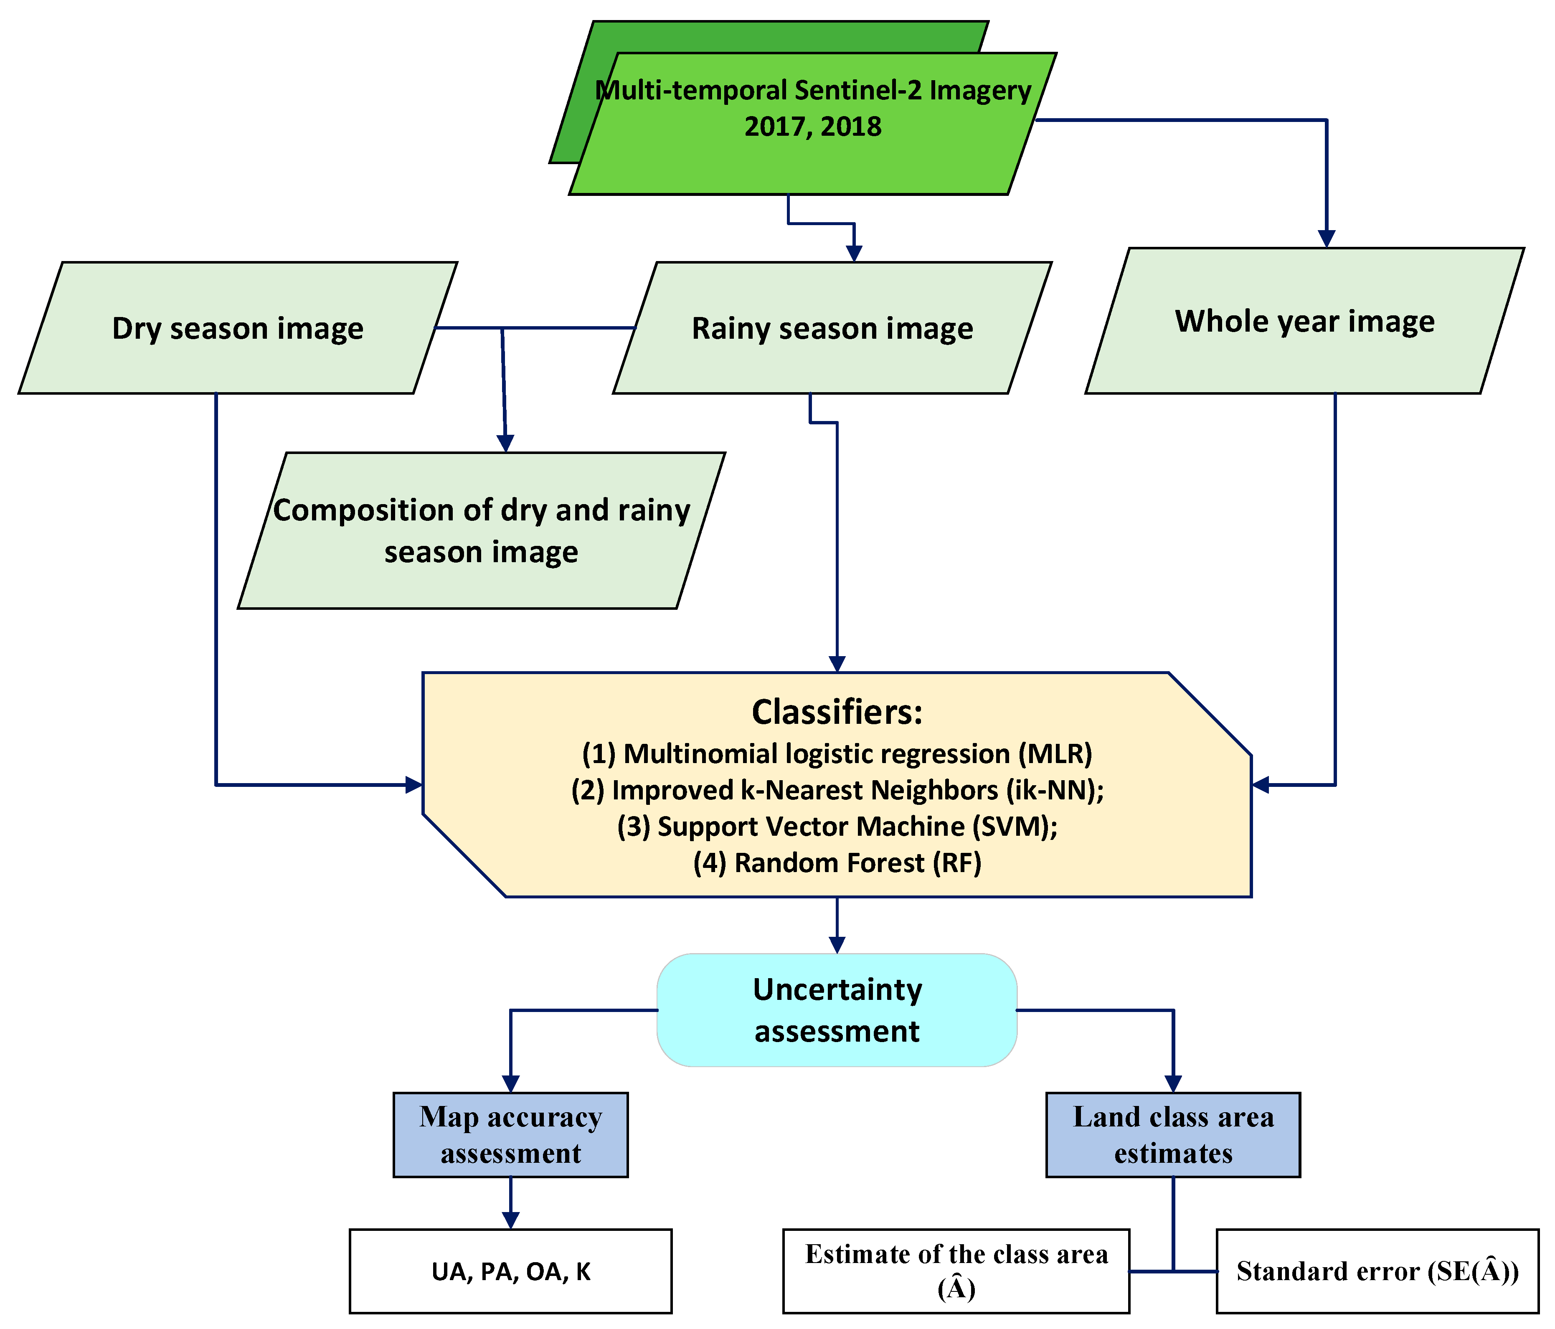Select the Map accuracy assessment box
[x=510, y=1135]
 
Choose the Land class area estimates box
[x=1172, y=1135]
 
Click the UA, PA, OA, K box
[x=510, y=1271]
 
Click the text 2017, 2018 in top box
[x=813, y=126]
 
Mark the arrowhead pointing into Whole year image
[x=1327, y=238]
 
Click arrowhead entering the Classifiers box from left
[x=413, y=785]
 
